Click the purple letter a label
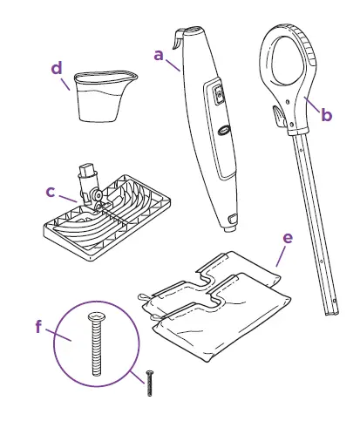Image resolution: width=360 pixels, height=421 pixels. click(159, 54)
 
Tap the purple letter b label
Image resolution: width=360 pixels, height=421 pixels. click(326, 115)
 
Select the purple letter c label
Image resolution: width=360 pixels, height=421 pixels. click(50, 191)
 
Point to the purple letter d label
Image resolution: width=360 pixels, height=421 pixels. click(57, 68)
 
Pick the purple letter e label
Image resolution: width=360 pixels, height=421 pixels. click(288, 236)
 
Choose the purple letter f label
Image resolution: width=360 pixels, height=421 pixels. click(38, 327)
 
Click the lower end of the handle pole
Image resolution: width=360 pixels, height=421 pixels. click(330, 307)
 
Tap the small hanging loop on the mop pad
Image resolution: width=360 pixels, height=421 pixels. click(141, 298)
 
